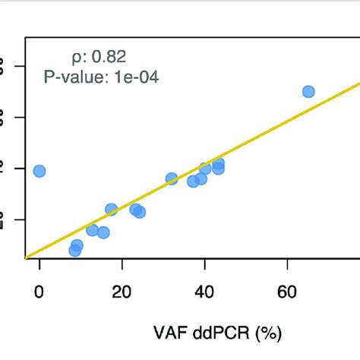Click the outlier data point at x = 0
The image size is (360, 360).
pyautogui.click(x=39, y=171)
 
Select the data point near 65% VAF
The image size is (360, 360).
pyautogui.click(x=308, y=91)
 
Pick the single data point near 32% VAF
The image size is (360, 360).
pyautogui.click(x=172, y=178)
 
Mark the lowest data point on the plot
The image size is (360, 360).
pyautogui.click(x=74, y=251)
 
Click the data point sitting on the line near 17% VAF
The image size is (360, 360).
pyautogui.click(x=111, y=210)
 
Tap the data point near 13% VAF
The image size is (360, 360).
pyautogui.click(x=92, y=229)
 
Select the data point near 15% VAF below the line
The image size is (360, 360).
pyautogui.click(x=103, y=232)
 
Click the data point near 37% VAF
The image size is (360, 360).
pyautogui.click(x=193, y=181)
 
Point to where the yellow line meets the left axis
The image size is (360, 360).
pyautogui.click(x=26, y=257)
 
